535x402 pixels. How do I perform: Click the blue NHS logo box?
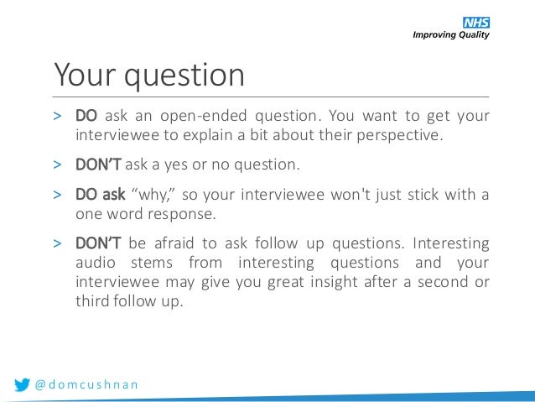pos(475,23)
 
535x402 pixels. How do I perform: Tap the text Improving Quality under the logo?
pos(449,35)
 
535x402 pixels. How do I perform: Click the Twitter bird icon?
pos(23,385)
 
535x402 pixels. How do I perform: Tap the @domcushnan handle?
pos(86,385)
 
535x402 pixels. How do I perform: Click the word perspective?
pos(400,134)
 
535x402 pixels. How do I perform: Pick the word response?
pos(183,214)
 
